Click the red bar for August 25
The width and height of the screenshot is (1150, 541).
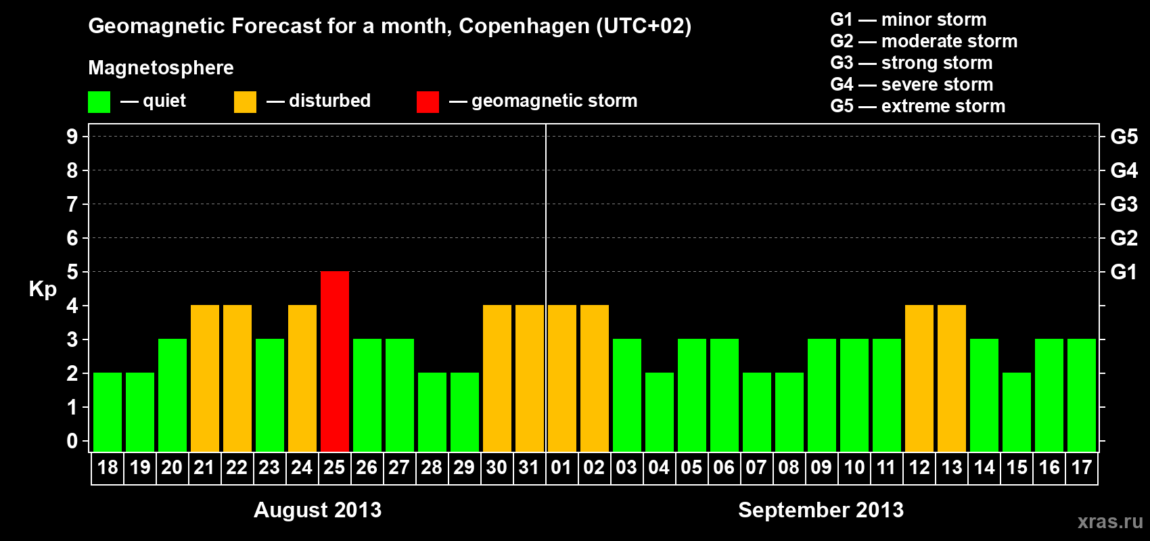pyautogui.click(x=335, y=361)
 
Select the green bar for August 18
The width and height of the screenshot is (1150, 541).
pyautogui.click(x=108, y=412)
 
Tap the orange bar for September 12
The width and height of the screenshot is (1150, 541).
pyautogui.click(x=919, y=378)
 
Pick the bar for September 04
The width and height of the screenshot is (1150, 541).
pyautogui.click(x=660, y=412)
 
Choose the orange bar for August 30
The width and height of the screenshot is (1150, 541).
pyautogui.click(x=497, y=378)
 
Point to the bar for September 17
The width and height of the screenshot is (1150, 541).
pyautogui.click(x=1082, y=395)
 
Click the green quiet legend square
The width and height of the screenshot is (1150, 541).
pyautogui.click(x=99, y=102)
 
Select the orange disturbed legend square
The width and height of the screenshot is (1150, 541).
pyautogui.click(x=245, y=102)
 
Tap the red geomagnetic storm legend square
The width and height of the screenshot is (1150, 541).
pyautogui.click(x=428, y=102)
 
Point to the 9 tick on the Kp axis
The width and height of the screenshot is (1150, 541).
pyautogui.click(x=72, y=137)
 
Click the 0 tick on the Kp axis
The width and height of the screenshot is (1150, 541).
pyautogui.click(x=72, y=442)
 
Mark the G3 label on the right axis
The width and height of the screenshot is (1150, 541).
pyautogui.click(x=1124, y=204)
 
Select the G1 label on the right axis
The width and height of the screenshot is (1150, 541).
pyautogui.click(x=1124, y=272)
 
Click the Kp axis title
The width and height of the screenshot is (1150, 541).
pyautogui.click(x=43, y=289)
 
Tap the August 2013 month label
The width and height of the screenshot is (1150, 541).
pyautogui.click(x=317, y=510)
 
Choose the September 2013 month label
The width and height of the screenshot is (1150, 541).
pyautogui.click(x=821, y=510)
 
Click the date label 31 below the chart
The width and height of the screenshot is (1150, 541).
pyautogui.click(x=529, y=468)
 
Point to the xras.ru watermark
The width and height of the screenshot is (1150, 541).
pyautogui.click(x=1110, y=521)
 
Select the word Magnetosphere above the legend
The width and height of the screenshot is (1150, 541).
pyautogui.click(x=161, y=68)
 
